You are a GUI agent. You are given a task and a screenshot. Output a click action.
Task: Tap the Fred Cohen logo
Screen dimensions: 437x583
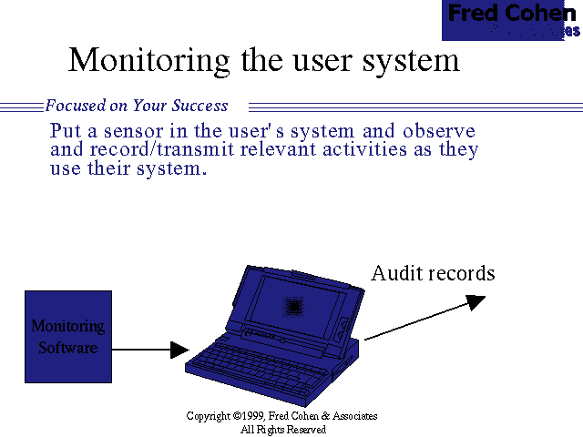(511, 20)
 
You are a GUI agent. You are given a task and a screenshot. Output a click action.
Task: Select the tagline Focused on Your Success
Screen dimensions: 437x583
(137, 106)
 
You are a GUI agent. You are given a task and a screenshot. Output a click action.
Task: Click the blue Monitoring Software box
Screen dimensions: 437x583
(68, 336)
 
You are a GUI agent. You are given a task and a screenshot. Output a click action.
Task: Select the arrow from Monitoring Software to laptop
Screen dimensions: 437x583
(150, 349)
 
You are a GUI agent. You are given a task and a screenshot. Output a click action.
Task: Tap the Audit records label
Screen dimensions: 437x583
(433, 273)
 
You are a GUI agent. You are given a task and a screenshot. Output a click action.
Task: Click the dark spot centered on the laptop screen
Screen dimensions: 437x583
(294, 308)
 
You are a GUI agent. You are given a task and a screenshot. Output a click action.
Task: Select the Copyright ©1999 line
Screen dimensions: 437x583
(281, 416)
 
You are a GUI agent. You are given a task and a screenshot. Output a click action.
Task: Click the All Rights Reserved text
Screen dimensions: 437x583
(282, 429)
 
